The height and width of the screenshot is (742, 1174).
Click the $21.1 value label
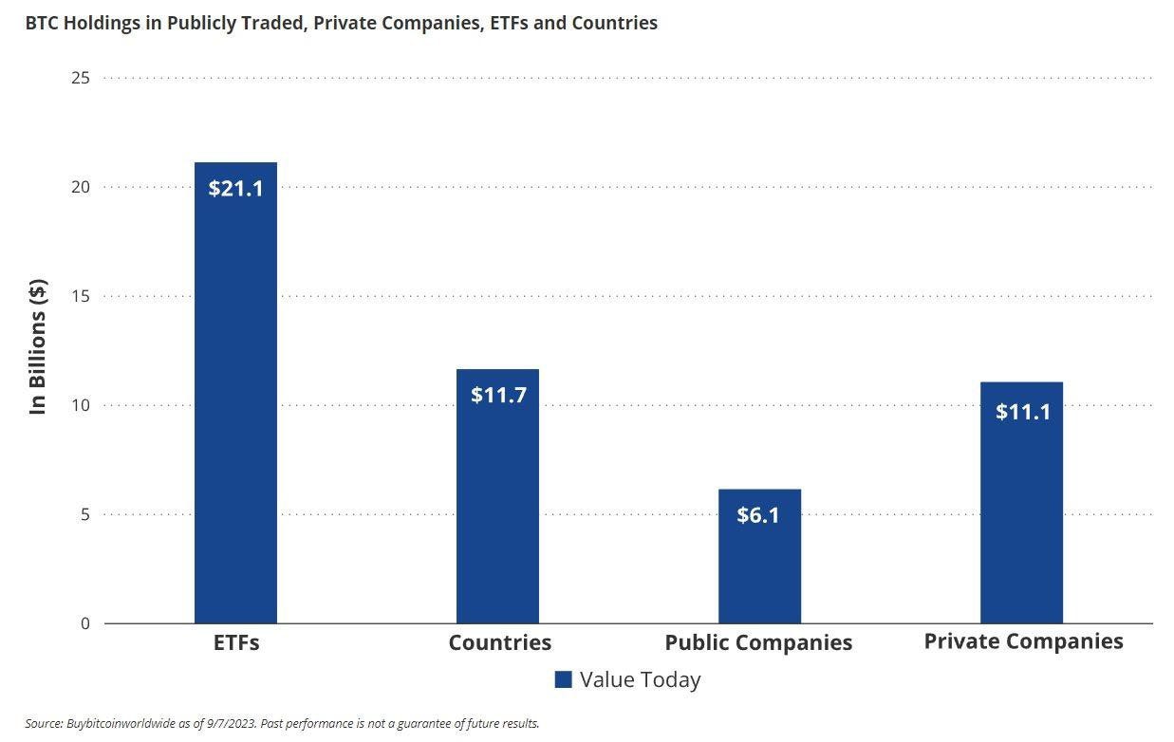pos(235,188)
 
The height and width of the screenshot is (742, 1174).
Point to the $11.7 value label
pos(498,395)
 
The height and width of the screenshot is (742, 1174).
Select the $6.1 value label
pos(758,515)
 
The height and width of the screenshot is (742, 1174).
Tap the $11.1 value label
pos(1022,412)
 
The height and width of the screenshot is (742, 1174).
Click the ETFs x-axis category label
pos(236,642)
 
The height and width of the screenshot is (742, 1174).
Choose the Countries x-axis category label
pos(499,642)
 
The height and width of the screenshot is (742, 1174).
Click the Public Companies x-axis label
pos(758,642)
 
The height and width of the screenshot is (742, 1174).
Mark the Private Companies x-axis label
pos(1023,640)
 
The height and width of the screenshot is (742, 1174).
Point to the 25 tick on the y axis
pos(81,78)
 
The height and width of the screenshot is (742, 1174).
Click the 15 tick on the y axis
pos(81,296)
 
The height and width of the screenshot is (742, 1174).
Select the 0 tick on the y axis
pos(84,623)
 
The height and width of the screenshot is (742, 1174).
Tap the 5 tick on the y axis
pos(84,514)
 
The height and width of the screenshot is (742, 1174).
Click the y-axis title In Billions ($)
pos(38,347)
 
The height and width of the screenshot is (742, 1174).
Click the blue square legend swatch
pos(563,679)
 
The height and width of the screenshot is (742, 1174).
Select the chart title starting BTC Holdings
pos(341,23)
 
